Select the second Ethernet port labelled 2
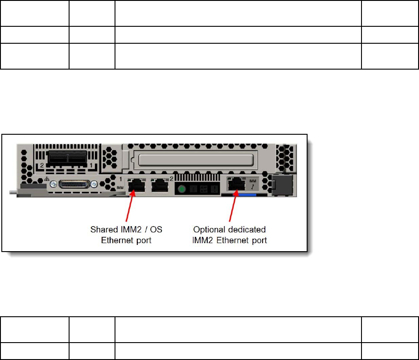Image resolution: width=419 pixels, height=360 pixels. tap(160, 185)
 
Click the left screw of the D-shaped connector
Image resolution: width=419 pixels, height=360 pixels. tap(53, 184)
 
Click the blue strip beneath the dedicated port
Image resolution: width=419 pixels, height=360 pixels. tap(252, 195)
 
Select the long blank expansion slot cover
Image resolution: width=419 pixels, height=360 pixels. tap(197, 160)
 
